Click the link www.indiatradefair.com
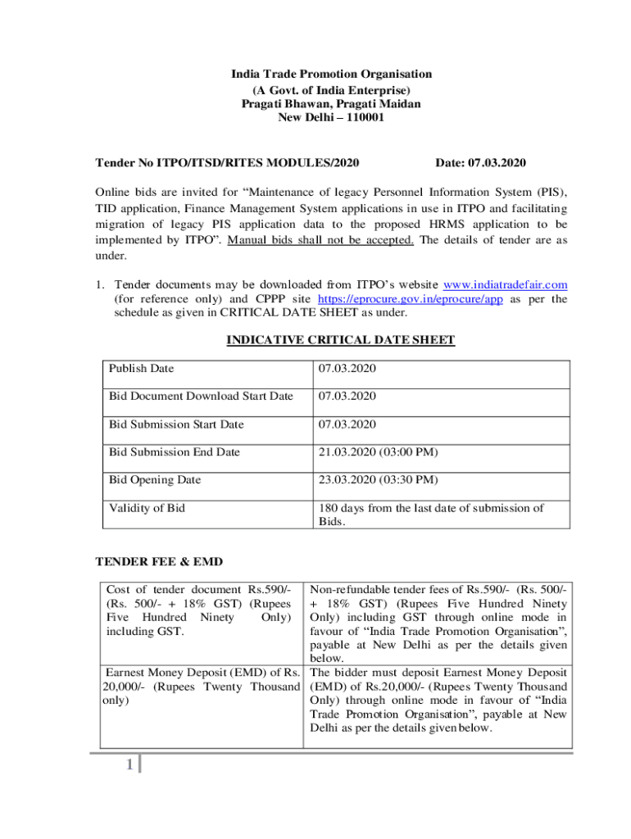tap(505, 284)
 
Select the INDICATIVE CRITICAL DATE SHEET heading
tap(340, 340)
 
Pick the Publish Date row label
tap(141, 369)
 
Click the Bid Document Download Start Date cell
tap(201, 397)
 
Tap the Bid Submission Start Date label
tap(176, 424)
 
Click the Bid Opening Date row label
tap(155, 480)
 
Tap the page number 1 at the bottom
tap(129, 765)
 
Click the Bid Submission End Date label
tap(175, 452)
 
